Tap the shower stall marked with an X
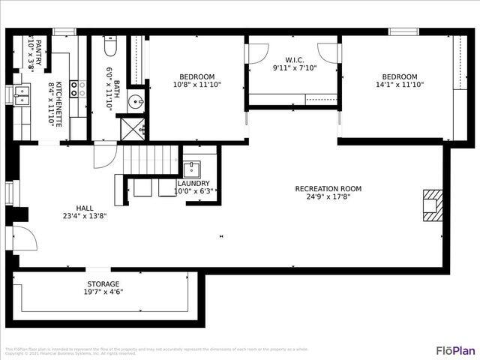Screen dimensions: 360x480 click(x=133, y=129)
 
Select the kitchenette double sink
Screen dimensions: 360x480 click(x=22, y=95)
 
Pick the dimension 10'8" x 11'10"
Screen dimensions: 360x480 click(x=196, y=85)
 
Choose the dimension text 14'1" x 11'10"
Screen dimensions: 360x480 click(x=399, y=85)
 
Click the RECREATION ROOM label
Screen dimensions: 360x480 click(x=328, y=189)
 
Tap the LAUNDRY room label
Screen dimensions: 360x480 click(x=193, y=183)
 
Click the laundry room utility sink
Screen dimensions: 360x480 click(x=191, y=169)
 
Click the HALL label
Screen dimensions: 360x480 click(x=85, y=208)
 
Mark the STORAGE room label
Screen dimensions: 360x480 click(x=103, y=284)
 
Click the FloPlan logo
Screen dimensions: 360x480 click(x=455, y=350)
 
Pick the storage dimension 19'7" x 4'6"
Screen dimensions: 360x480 click(x=103, y=292)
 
